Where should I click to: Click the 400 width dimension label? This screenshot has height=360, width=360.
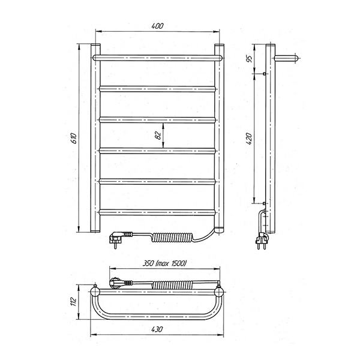157,26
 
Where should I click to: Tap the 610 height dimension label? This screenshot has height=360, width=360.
74,138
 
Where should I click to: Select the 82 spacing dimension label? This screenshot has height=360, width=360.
158,136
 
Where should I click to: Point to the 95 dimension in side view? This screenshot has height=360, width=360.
250,59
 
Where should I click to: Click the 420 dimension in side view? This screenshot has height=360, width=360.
249,139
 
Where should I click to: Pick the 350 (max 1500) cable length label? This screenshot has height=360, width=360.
164,263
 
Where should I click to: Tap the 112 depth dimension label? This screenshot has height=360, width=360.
73,301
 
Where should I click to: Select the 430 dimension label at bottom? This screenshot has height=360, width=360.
157,329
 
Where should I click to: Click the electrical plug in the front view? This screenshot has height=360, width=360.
118,239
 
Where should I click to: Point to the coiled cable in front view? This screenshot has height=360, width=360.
172,237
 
